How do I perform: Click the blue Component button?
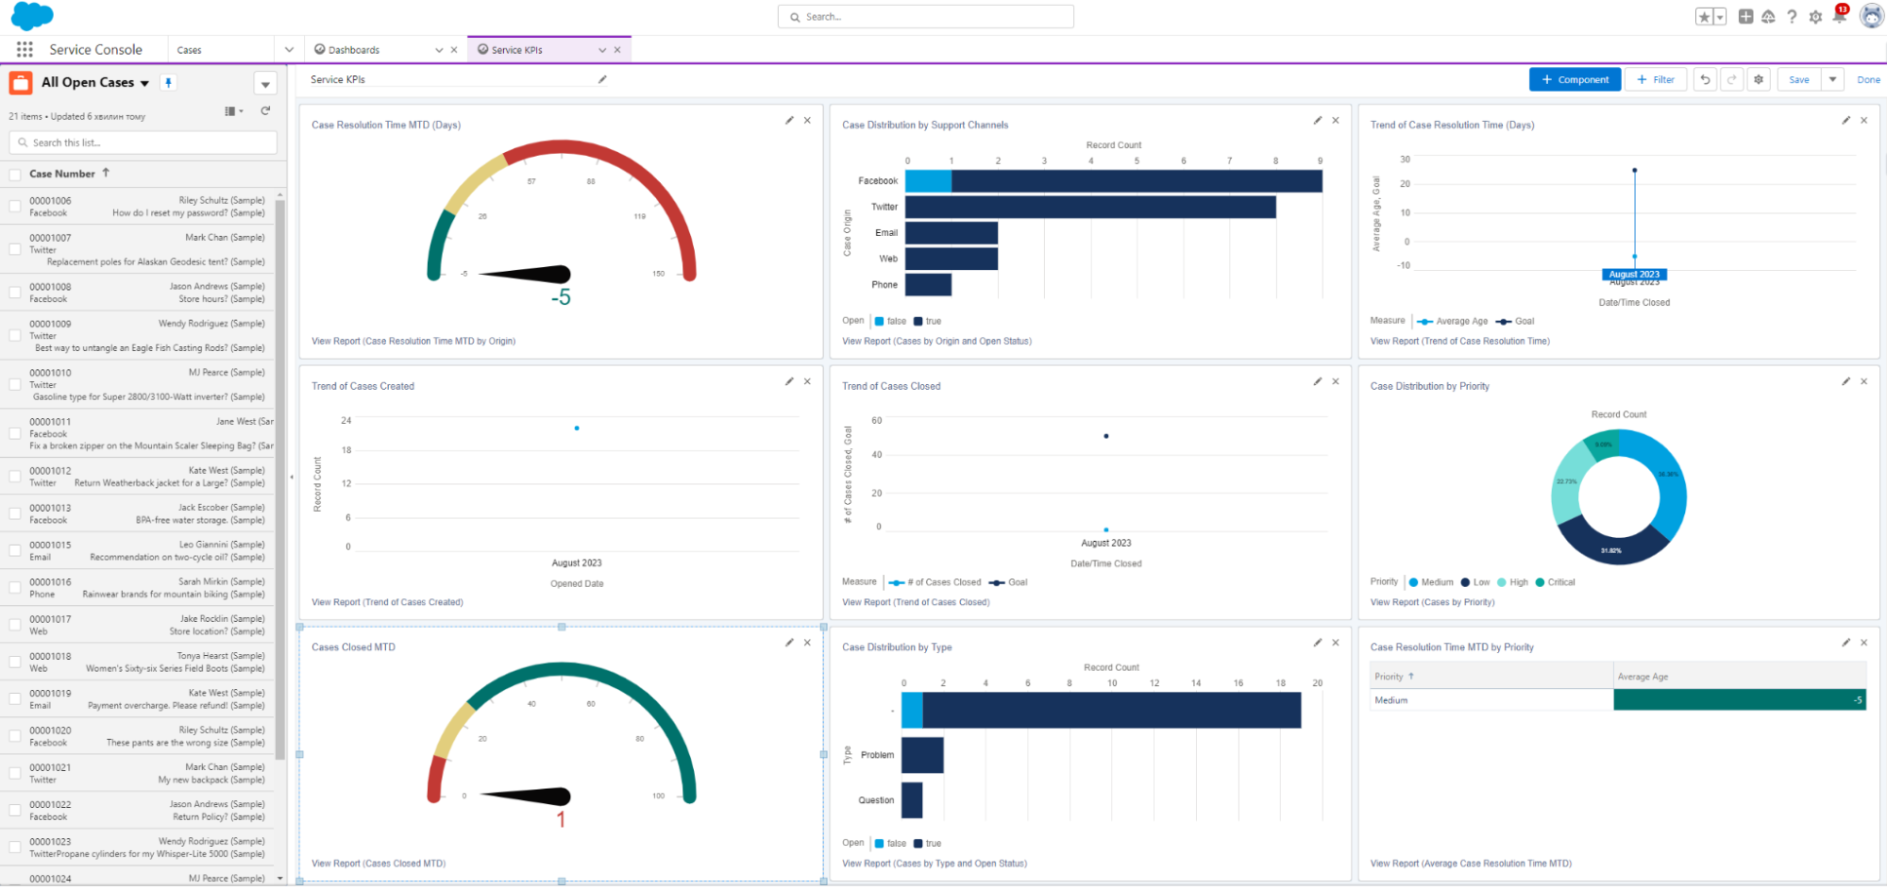click(1575, 80)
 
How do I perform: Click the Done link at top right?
click(1868, 80)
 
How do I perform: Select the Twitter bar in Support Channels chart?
click(1090, 207)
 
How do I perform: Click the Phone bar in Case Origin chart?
click(928, 284)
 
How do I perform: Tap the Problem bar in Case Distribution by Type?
click(922, 755)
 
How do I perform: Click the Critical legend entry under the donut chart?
click(1560, 582)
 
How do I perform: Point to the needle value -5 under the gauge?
click(561, 298)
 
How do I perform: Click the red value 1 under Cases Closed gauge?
click(561, 820)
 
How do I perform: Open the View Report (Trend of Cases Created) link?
click(387, 602)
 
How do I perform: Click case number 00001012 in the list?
click(50, 471)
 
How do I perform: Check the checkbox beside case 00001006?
click(15, 206)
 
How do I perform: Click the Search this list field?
click(143, 143)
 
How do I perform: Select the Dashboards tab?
click(354, 50)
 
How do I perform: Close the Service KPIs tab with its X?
click(617, 50)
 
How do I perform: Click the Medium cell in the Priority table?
click(1391, 700)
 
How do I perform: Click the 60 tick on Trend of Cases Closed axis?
click(877, 421)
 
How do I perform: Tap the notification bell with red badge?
click(1839, 16)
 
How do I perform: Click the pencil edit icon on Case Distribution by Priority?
click(1845, 381)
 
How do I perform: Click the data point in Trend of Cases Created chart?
click(577, 428)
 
